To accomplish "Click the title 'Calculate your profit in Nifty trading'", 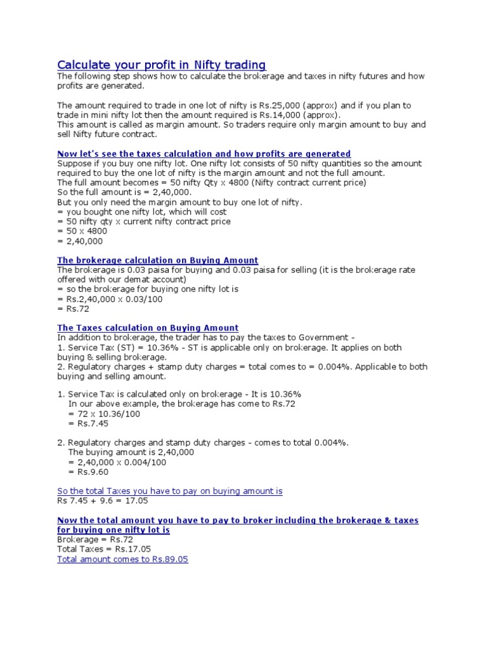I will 162,65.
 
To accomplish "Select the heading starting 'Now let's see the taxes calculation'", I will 204,154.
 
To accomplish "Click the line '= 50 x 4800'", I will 82,231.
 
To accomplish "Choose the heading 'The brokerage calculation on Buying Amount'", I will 157,260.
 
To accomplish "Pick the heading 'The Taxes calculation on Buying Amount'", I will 148,328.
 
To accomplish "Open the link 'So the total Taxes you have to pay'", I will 170,491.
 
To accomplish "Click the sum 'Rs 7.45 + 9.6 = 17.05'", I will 103,501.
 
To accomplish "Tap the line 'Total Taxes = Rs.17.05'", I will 104,549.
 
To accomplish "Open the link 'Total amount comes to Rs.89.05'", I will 122,559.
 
